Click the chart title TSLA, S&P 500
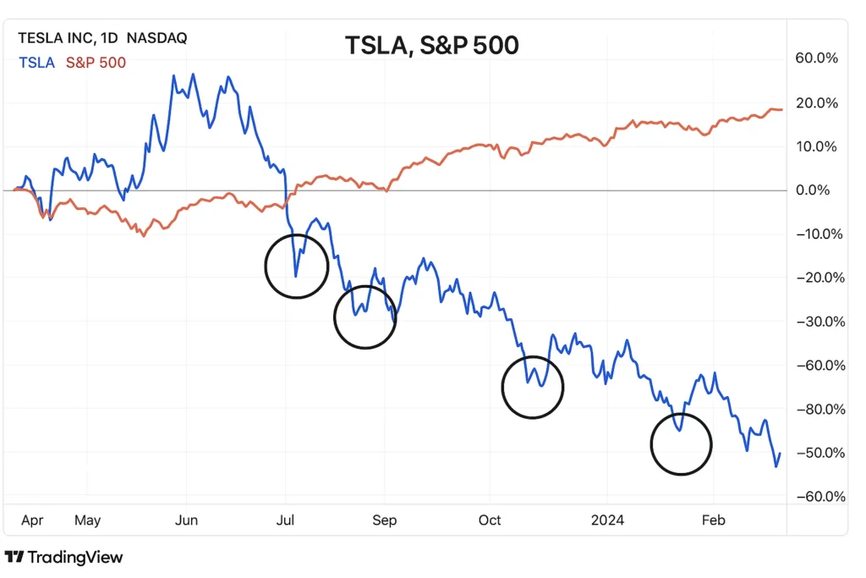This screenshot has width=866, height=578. (x=431, y=45)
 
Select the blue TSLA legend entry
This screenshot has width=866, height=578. (x=36, y=62)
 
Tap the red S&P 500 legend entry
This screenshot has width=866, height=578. (x=96, y=62)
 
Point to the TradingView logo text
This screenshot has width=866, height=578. (x=64, y=557)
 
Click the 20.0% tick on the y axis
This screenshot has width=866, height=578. (x=816, y=103)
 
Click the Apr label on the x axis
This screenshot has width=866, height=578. (x=31, y=520)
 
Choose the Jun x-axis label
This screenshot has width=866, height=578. (x=186, y=520)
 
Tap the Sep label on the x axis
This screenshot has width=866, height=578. (x=384, y=520)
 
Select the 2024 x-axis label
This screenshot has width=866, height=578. (x=607, y=520)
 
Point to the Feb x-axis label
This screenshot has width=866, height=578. (x=714, y=520)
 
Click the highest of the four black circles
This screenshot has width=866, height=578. (x=296, y=266)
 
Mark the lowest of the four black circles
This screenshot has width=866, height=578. (x=681, y=444)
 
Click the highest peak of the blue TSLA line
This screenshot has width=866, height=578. (x=193, y=74)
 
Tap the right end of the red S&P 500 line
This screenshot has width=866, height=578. (x=782, y=109)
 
